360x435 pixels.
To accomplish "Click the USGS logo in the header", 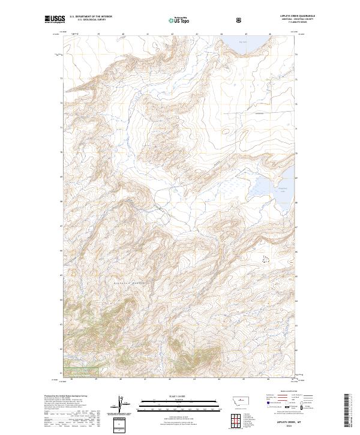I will pos(55,20).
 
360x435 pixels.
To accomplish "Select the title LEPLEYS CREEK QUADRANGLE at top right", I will pos(298,16).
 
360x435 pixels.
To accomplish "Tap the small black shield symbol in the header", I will pos(240,20).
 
